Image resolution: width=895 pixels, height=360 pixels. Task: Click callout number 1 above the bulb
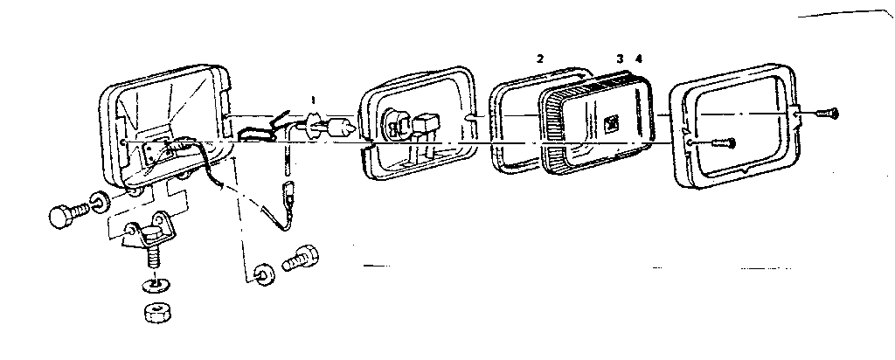point(312,100)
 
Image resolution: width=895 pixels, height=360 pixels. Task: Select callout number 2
point(540,59)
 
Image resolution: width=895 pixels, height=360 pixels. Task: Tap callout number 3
point(621,59)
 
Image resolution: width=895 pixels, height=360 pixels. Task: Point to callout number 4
point(639,59)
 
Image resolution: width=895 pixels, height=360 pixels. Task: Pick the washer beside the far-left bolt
point(101,202)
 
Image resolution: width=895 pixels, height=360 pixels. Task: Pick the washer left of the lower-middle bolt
point(265,273)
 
